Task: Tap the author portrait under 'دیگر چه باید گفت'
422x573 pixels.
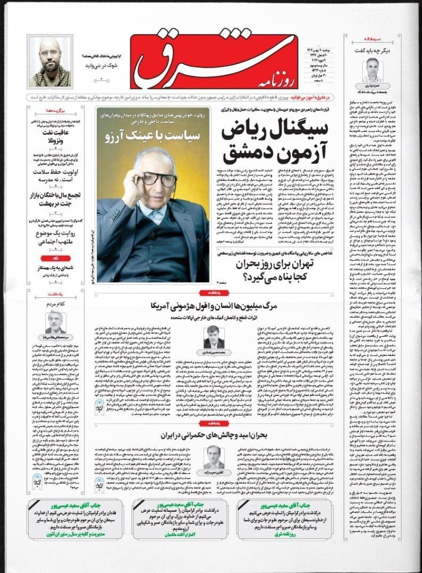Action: (374, 69)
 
